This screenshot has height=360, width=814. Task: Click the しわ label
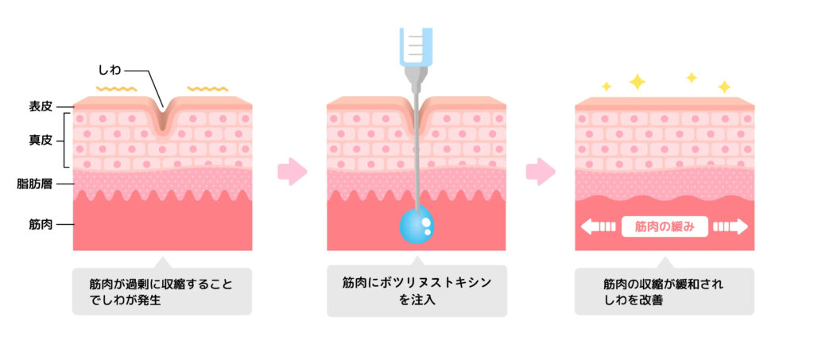click(109, 69)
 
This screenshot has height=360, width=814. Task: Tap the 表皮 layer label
click(41, 106)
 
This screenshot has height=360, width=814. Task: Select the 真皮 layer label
click(41, 140)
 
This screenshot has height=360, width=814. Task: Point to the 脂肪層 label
click(34, 184)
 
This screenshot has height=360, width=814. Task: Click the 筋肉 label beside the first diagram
click(41, 225)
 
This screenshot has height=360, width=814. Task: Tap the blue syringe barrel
click(417, 47)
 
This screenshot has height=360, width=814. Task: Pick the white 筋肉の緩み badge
click(665, 226)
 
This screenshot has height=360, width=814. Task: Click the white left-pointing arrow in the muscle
click(598, 226)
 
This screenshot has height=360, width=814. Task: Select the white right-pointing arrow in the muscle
click(731, 226)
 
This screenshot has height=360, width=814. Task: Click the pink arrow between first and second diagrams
click(293, 171)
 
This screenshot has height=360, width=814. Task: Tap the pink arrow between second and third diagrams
click(541, 171)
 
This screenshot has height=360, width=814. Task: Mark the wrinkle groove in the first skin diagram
click(162, 118)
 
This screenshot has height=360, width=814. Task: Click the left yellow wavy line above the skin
click(116, 89)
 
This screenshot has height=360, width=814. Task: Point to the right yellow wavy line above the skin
click(207, 89)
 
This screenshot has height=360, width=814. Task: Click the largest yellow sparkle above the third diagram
click(637, 81)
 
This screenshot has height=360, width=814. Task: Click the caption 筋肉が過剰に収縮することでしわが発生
click(162, 292)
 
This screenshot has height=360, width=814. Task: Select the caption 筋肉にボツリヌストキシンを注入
click(417, 292)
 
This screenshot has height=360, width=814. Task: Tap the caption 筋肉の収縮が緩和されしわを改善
click(664, 292)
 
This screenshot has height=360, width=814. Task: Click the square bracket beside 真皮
click(67, 140)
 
